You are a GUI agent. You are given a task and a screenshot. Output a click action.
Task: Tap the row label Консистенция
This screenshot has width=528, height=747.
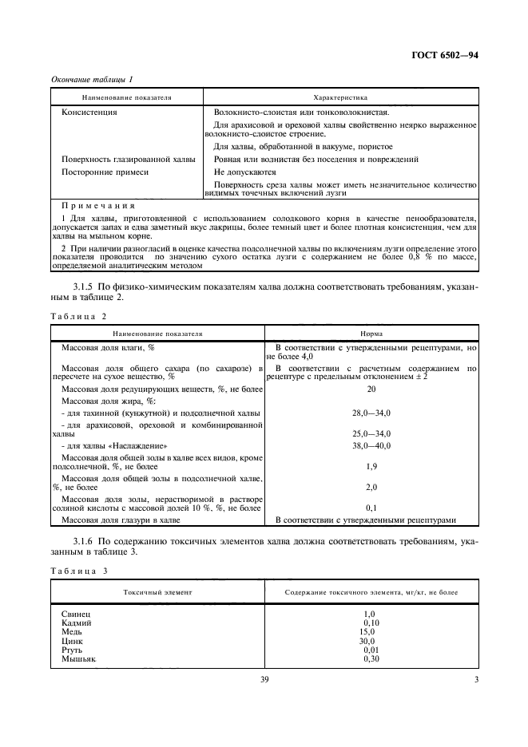click(89, 113)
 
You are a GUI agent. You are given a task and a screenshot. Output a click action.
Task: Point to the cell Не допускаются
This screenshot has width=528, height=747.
click(245, 172)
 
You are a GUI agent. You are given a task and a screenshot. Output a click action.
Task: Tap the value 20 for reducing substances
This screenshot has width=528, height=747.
click(371, 389)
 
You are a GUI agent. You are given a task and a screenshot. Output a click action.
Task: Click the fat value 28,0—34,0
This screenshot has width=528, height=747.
click(371, 413)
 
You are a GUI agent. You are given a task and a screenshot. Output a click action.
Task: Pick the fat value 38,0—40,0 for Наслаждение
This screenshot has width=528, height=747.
click(371, 445)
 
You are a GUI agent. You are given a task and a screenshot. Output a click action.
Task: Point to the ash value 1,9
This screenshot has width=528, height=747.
click(371, 465)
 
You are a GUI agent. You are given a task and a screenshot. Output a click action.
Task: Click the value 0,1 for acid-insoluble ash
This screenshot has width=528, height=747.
click(371, 507)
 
